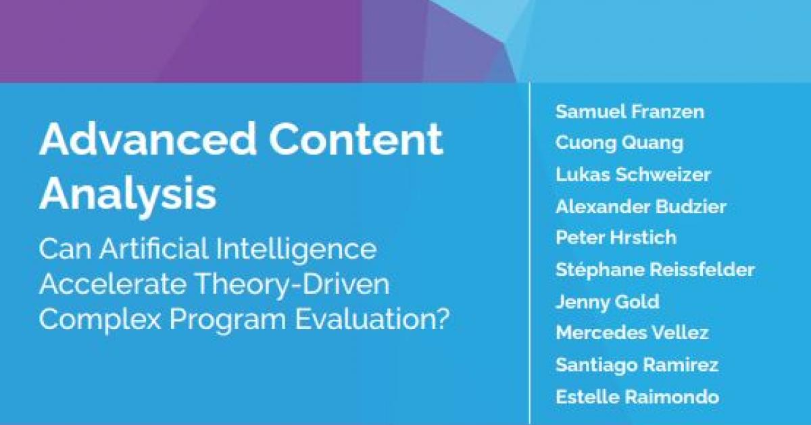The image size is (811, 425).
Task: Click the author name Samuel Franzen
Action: coord(630,112)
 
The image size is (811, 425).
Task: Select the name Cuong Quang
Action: coord(620,143)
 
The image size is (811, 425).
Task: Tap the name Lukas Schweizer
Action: coord(633,175)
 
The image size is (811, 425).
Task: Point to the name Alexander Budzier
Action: coord(641,206)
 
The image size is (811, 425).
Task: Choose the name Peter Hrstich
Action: coord(616,238)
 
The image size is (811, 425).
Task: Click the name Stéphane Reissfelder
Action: coord(655,270)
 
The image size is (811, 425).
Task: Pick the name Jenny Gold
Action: coord(608,302)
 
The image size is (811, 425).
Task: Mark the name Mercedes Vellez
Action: coord(632,332)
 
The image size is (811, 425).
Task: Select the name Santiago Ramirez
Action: coord(637,365)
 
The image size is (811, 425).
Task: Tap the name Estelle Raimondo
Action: coord(637,397)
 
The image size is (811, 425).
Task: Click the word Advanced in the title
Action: coord(148,139)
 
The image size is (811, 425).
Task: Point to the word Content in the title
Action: coord(356,139)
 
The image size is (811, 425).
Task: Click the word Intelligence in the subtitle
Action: coord(296,250)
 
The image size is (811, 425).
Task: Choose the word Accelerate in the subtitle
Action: coord(113,284)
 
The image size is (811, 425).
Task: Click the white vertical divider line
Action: coord(530,254)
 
